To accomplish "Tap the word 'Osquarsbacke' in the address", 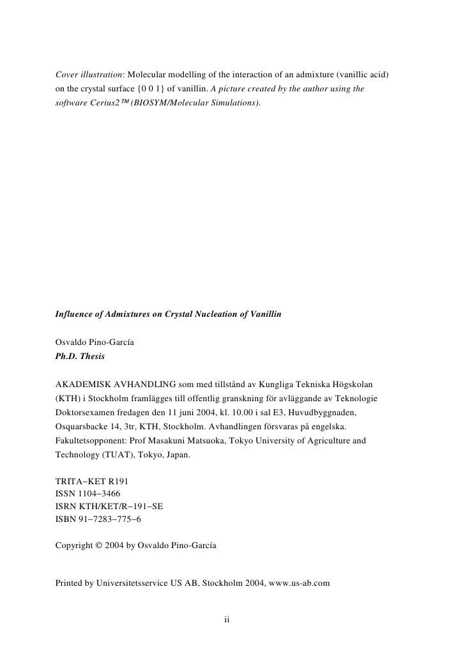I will [83, 425].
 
